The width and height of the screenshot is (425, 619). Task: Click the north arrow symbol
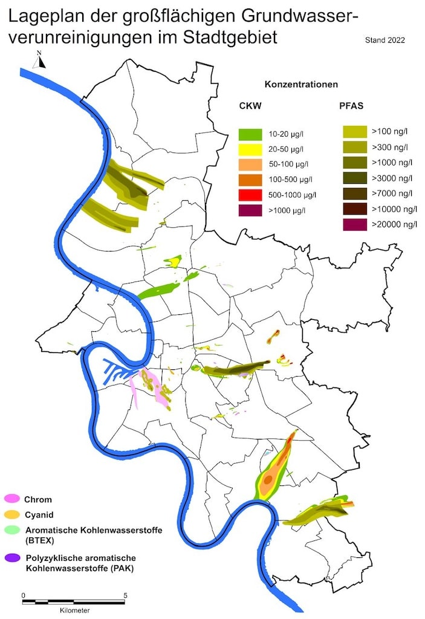tap(39, 60)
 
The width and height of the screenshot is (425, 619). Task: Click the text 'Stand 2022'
tap(384, 41)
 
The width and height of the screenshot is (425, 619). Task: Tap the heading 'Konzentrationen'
tap(301, 85)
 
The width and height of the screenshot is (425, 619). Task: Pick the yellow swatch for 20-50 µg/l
tap(249, 149)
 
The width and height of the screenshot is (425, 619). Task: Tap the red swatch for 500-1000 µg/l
tap(249, 195)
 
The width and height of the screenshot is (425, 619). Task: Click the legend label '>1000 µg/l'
tap(286, 210)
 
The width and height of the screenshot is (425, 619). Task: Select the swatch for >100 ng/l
tap(354, 131)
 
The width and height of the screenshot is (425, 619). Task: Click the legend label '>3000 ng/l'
tap(392, 178)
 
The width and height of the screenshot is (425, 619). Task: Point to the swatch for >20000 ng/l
tap(354, 225)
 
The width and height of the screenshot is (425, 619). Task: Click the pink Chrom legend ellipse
tap(12, 499)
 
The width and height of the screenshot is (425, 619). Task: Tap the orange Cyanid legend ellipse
tap(12, 514)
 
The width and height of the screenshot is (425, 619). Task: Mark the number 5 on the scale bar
tap(125, 595)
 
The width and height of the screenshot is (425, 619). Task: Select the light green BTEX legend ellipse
tap(12, 530)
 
